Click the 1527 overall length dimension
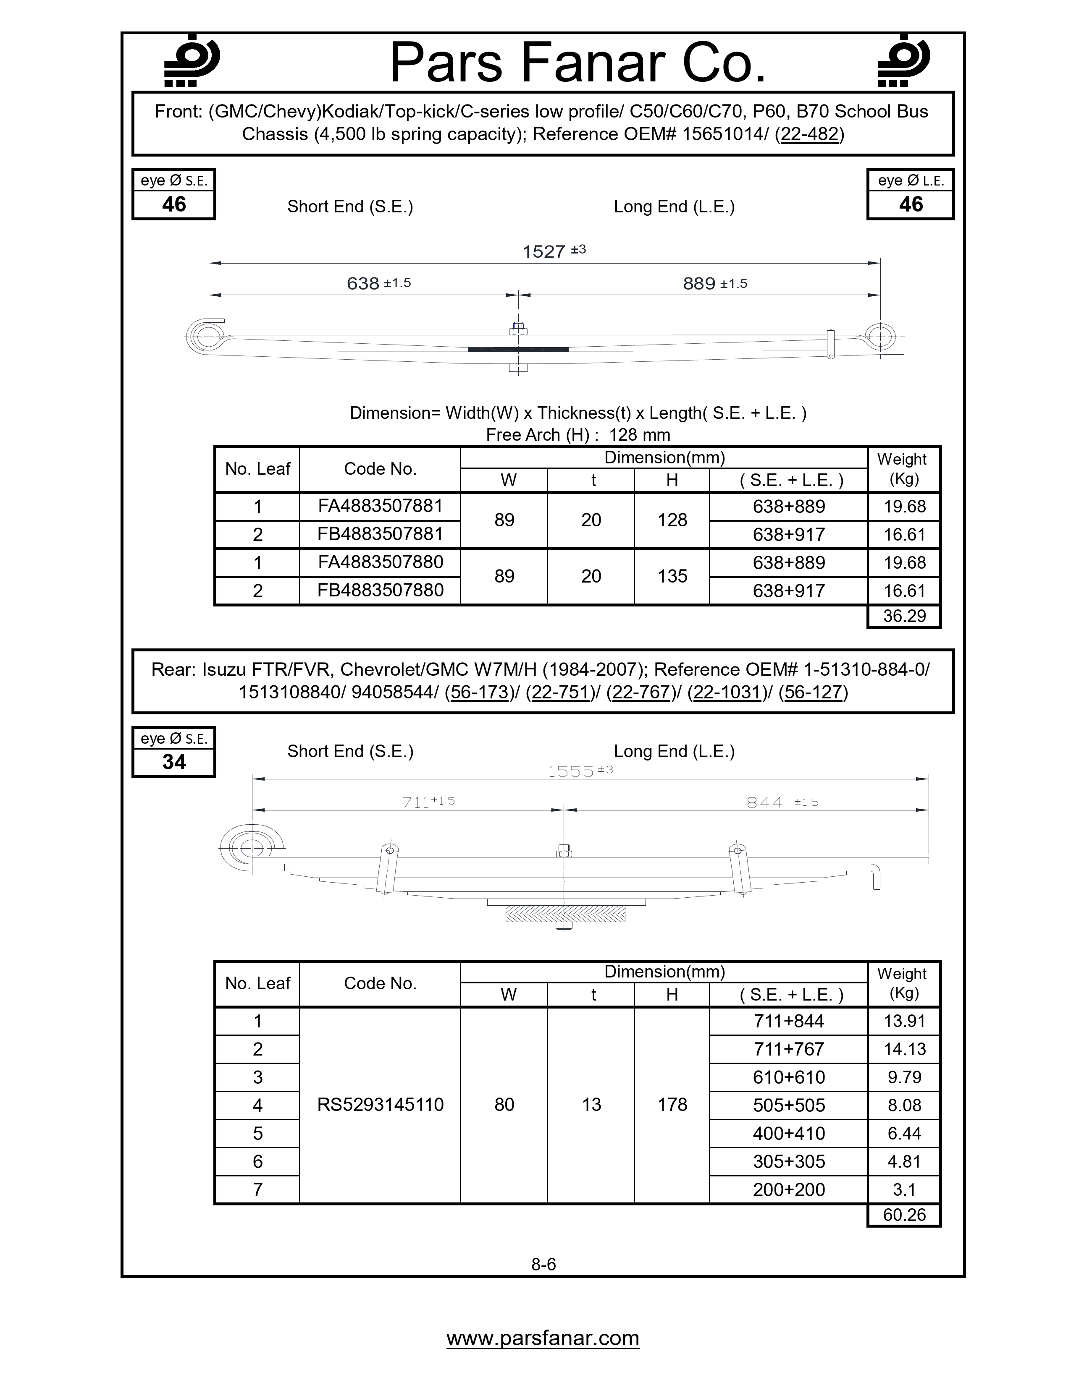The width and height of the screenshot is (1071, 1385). pos(544,252)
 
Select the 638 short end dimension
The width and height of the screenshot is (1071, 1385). pos(364,283)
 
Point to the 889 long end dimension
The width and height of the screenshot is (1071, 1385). pos(699,283)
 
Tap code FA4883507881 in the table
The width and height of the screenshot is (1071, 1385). pos(380,506)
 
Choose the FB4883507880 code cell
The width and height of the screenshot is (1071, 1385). pos(380,591)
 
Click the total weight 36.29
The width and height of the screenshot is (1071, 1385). pos(904,616)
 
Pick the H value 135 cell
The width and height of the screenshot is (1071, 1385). pos(672,576)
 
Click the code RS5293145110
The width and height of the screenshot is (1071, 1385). pos(380,1105)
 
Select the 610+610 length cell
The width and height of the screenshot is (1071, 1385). pos(789,1077)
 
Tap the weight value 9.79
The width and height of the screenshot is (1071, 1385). pos(904,1077)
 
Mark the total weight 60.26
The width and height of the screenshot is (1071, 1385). pos(904,1215)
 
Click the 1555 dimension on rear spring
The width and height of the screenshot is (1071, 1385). pos(571,771)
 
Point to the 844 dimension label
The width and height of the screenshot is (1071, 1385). pos(764,802)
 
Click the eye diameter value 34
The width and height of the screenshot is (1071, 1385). pos(174,762)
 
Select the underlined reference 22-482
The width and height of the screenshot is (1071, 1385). pos(810,134)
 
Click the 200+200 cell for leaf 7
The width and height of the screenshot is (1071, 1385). pos(789,1190)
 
